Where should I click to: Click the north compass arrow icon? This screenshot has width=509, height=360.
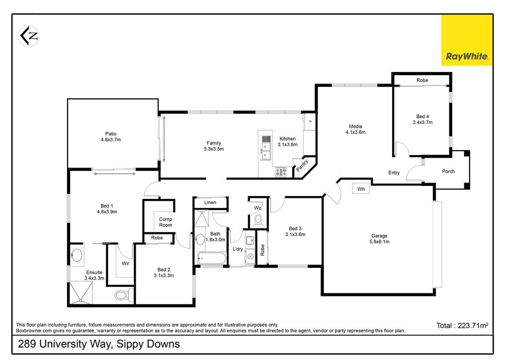(x=29, y=36)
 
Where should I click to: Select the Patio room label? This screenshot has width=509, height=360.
(x=111, y=134)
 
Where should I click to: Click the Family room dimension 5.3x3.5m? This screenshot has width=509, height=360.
(x=214, y=149)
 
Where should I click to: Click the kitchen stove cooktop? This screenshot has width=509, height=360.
(x=281, y=172)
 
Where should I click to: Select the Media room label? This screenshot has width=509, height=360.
(x=355, y=126)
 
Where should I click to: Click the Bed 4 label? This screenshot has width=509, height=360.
(x=423, y=116)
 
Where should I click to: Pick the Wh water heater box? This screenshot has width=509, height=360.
(x=361, y=188)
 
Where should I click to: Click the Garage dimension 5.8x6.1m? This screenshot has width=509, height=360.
(x=379, y=242)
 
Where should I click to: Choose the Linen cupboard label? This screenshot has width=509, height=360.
(x=210, y=202)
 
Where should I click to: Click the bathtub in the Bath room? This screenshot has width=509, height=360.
(x=212, y=259)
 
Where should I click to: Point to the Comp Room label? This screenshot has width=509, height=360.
(x=165, y=222)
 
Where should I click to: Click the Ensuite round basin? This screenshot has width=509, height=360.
(x=77, y=255)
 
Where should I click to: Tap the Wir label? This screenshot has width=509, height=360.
(x=125, y=263)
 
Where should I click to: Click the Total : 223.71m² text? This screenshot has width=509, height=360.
(x=462, y=325)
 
